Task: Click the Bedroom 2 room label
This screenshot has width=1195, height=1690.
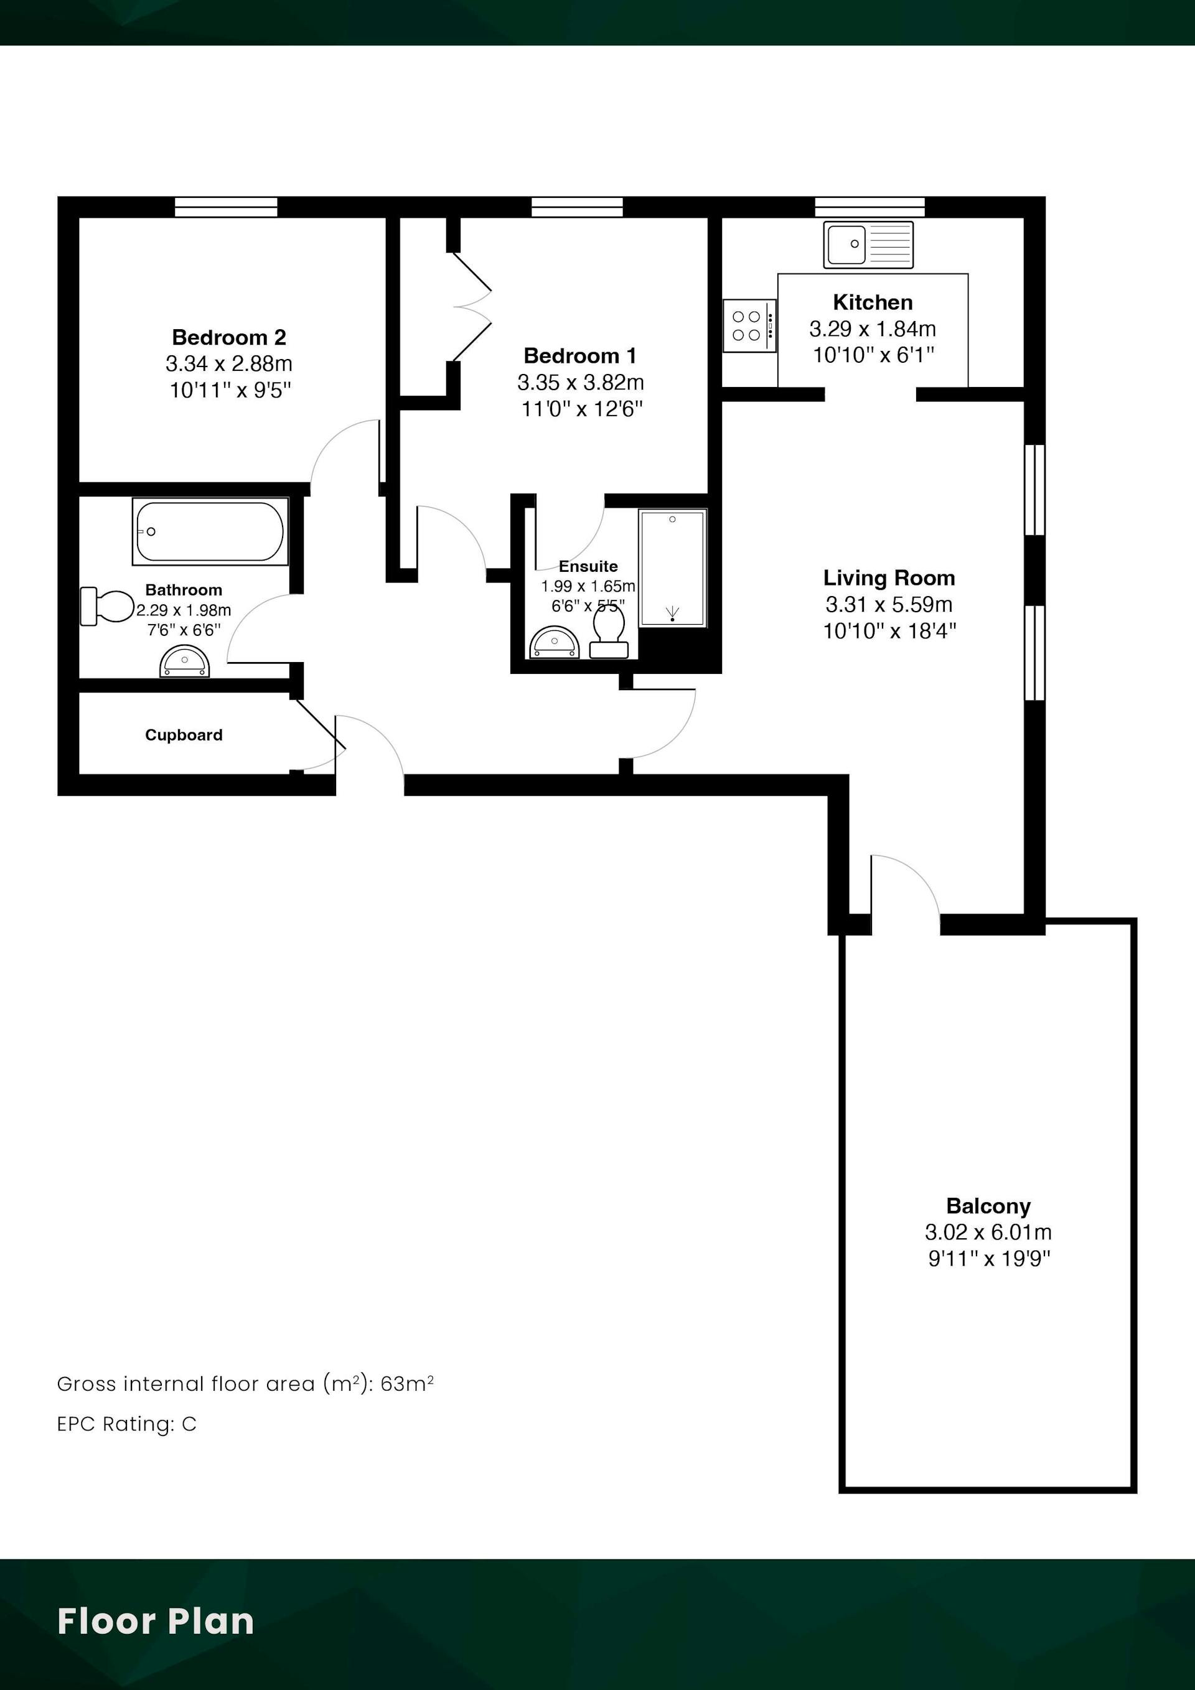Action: click(229, 337)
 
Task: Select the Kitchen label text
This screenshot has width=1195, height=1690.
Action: click(873, 302)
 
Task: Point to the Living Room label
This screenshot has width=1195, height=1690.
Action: click(889, 578)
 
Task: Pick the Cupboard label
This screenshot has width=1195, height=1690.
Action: click(184, 735)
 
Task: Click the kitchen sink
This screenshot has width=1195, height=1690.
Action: click(868, 245)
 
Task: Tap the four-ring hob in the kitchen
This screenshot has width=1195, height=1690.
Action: click(749, 326)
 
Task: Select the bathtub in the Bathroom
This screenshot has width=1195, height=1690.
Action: click(210, 531)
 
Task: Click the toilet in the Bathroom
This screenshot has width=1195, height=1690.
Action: click(107, 606)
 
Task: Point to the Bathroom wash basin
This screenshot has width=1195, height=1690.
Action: click(185, 661)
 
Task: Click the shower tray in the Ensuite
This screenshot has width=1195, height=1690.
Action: click(672, 567)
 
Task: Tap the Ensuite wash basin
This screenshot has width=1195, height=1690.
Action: click(555, 643)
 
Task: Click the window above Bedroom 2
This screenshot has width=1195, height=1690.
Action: click(226, 207)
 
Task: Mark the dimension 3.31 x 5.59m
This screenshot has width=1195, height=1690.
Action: click(889, 604)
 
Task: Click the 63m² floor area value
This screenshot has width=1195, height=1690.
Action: click(407, 1384)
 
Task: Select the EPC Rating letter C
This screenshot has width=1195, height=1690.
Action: click(189, 1424)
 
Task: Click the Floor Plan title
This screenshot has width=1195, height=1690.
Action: click(156, 1621)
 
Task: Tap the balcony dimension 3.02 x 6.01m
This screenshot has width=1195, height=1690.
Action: click(988, 1232)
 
